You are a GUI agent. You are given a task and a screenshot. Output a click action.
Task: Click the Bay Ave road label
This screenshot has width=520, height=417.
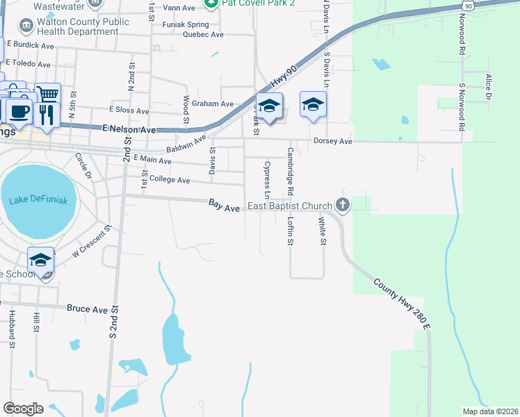(x=225, y=206)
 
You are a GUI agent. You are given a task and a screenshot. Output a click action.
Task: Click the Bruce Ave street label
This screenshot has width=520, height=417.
(x=87, y=309)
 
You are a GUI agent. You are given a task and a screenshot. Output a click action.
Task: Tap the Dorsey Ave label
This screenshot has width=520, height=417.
(x=334, y=141)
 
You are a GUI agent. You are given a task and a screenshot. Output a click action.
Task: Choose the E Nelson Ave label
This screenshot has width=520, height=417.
(x=129, y=129)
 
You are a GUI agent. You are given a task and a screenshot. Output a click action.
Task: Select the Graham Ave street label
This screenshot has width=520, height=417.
(x=213, y=104)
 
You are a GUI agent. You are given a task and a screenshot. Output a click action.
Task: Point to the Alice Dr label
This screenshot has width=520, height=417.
(x=489, y=88)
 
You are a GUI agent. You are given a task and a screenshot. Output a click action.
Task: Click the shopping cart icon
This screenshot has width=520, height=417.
(x=47, y=95)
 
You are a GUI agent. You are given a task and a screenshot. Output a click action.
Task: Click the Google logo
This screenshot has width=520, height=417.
(x=23, y=408)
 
